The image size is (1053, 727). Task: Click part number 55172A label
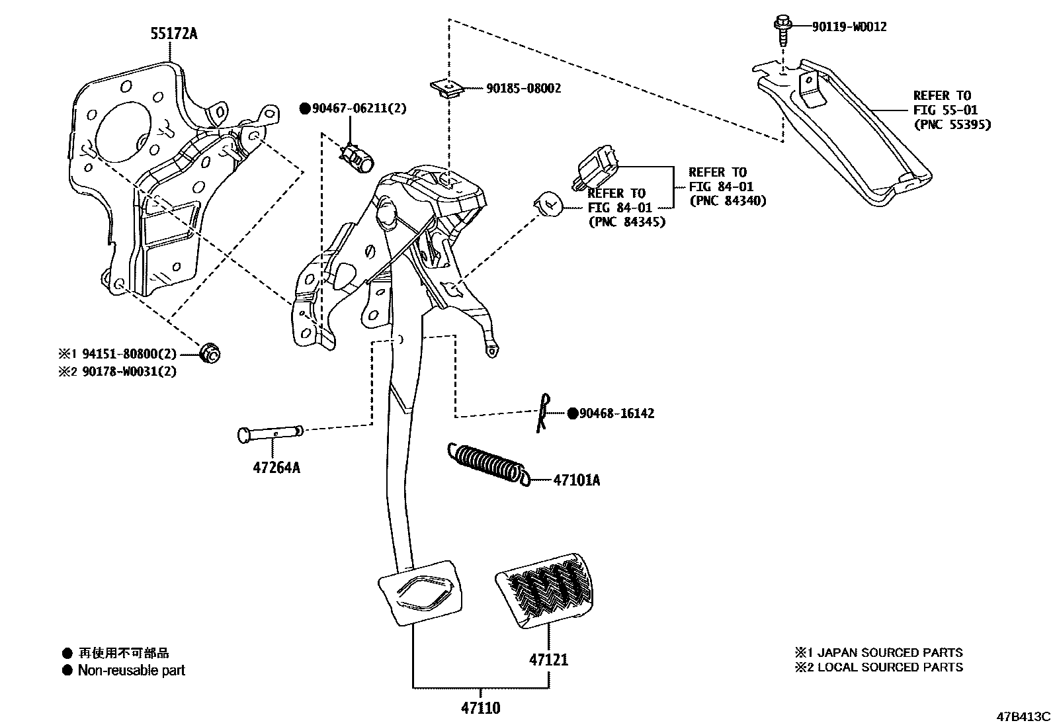(x=174, y=33)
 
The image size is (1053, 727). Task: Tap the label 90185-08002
(x=523, y=88)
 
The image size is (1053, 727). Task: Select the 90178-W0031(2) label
(x=130, y=371)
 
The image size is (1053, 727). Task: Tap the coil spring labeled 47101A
(x=487, y=462)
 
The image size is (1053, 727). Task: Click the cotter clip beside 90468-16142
(x=543, y=413)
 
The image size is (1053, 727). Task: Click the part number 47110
(x=481, y=708)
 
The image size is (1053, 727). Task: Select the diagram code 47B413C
(x=1024, y=716)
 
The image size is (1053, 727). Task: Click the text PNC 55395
(x=952, y=124)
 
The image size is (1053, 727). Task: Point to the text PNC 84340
(x=728, y=201)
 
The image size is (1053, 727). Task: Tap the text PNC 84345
(x=626, y=222)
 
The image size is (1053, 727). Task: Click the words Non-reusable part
(x=131, y=670)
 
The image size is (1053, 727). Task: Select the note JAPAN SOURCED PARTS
(x=890, y=652)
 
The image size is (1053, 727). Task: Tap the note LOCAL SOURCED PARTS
(x=890, y=667)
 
